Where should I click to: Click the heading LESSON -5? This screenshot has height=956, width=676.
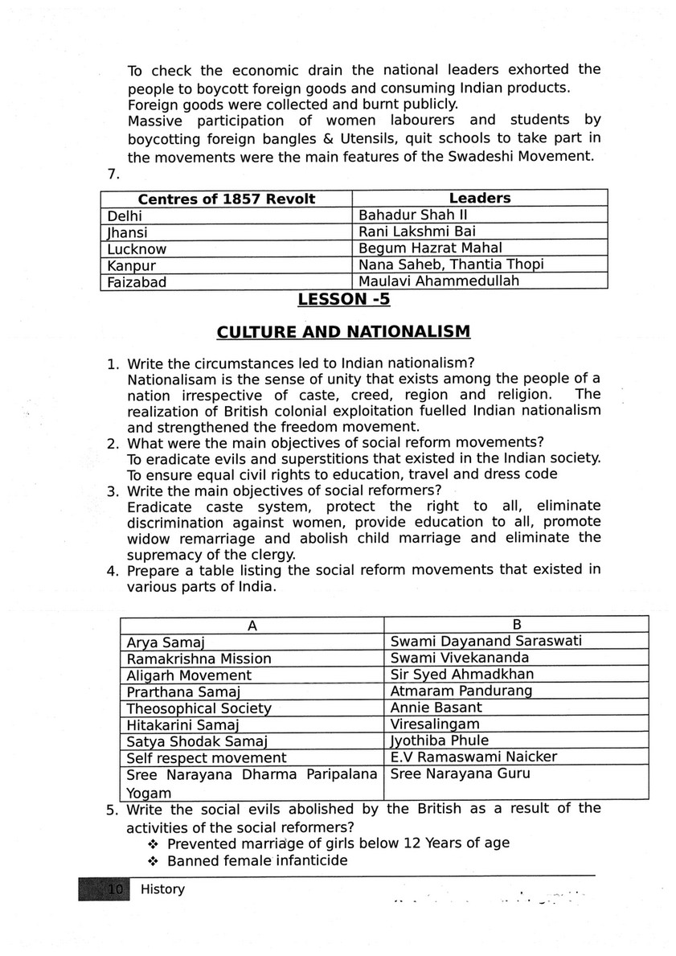(343, 300)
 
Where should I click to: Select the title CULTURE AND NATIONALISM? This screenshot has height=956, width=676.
(343, 332)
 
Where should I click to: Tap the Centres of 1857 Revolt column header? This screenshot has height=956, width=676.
(227, 199)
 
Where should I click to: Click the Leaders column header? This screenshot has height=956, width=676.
(479, 198)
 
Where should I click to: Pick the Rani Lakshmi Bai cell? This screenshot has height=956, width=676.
(408, 232)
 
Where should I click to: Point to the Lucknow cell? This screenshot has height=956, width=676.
(137, 248)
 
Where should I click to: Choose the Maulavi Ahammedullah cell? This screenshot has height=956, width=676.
(439, 281)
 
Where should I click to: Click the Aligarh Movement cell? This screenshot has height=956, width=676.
(189, 675)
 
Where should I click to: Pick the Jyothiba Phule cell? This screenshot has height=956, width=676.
(439, 741)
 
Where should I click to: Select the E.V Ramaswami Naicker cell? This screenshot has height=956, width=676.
(473, 757)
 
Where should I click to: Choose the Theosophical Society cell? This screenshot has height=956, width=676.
(199, 708)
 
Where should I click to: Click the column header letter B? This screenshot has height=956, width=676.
(517, 625)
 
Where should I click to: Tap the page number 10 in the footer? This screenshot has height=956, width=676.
(113, 889)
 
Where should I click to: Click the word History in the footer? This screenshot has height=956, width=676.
(162, 888)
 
